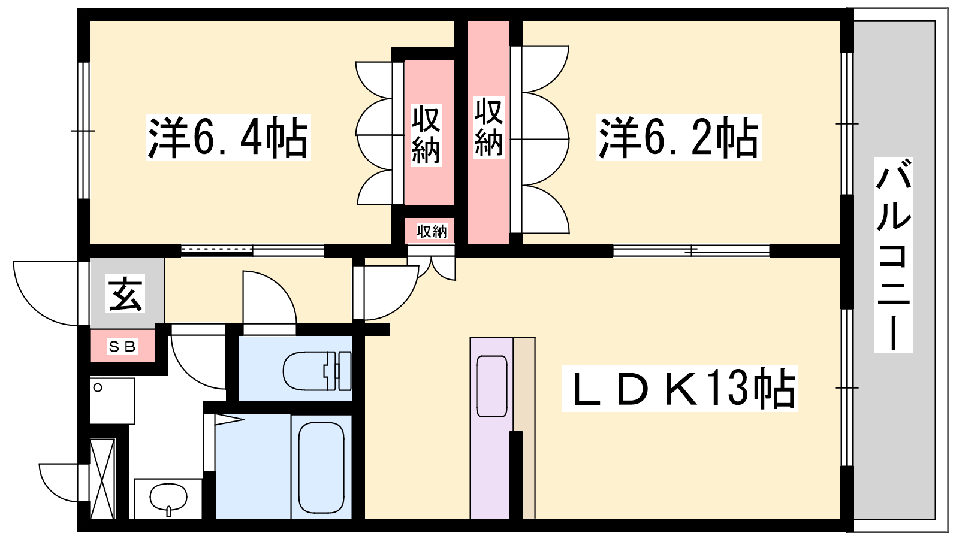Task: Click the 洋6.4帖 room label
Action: coord(228,137)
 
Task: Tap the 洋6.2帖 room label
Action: coord(678,137)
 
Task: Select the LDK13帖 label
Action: coord(680,388)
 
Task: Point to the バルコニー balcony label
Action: coord(894,255)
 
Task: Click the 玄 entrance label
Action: coord(125,293)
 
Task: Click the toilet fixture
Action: coord(317,371)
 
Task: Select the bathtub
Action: coord(321,467)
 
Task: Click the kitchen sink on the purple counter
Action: coord(492,386)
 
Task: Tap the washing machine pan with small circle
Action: coord(112,401)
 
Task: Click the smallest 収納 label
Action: coord(432,231)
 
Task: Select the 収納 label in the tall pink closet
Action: coord(488,127)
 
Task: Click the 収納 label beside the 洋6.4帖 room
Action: coord(426,135)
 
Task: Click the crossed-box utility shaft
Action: coord(102,479)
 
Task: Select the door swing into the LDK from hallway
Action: coord(385,293)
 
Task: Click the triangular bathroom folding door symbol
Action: coord(230,420)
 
